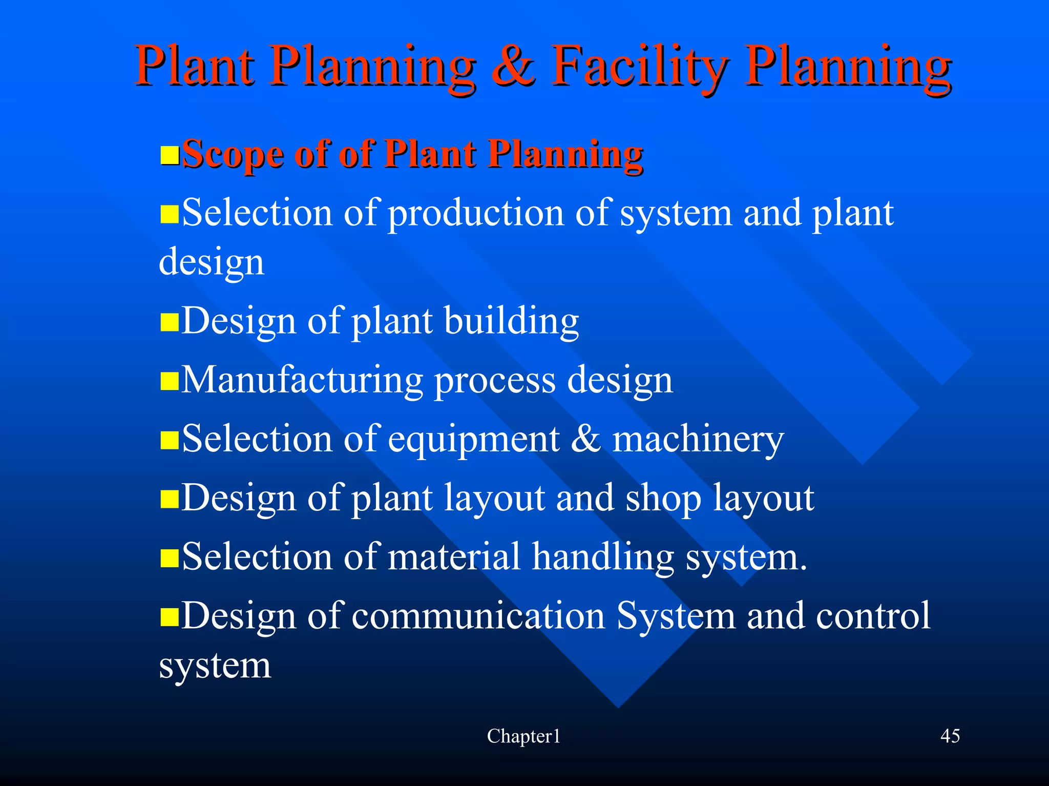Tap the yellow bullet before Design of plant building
point(170,323)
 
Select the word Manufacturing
point(302,381)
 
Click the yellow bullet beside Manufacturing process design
point(170,382)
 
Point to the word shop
point(663,499)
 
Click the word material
point(454,557)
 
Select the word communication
point(478,615)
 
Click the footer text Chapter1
point(523,736)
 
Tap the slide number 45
point(950,736)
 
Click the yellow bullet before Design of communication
point(170,617)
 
